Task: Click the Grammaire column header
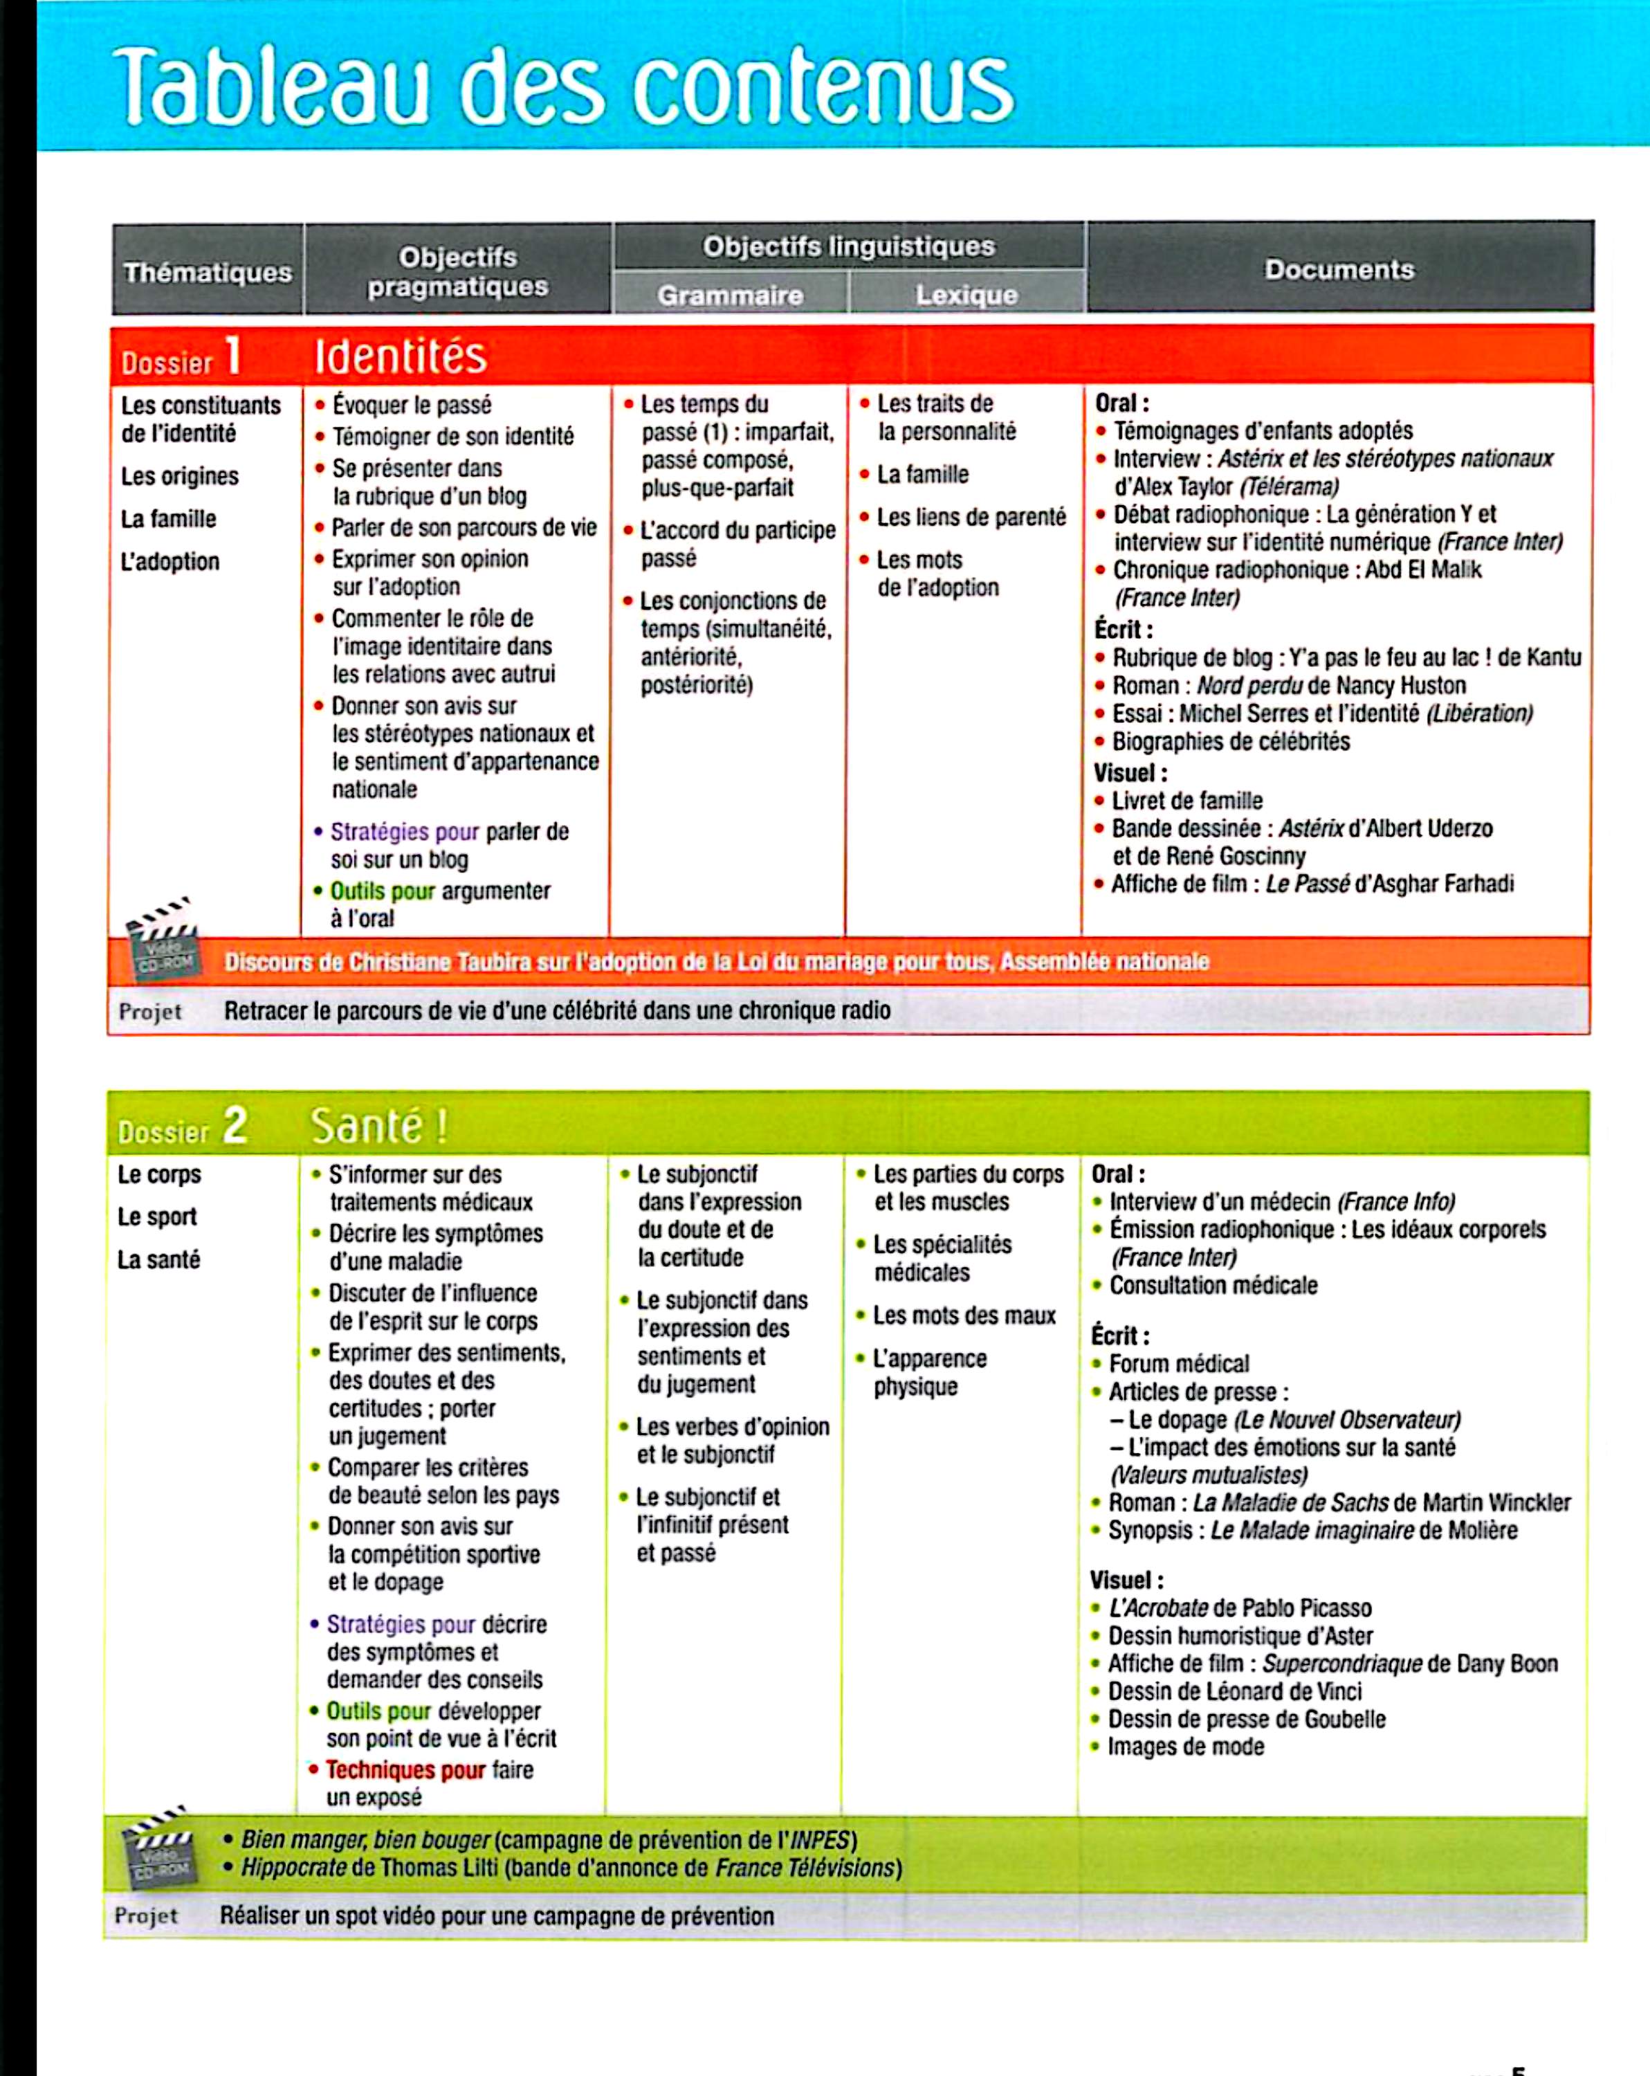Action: coord(730,295)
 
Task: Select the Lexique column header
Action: coord(966,295)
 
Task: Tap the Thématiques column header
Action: coord(207,273)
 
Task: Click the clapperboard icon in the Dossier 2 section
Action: coord(157,1848)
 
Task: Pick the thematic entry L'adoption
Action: coord(169,561)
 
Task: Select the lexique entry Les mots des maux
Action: coord(964,1315)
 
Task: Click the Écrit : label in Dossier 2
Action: coord(1119,1336)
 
